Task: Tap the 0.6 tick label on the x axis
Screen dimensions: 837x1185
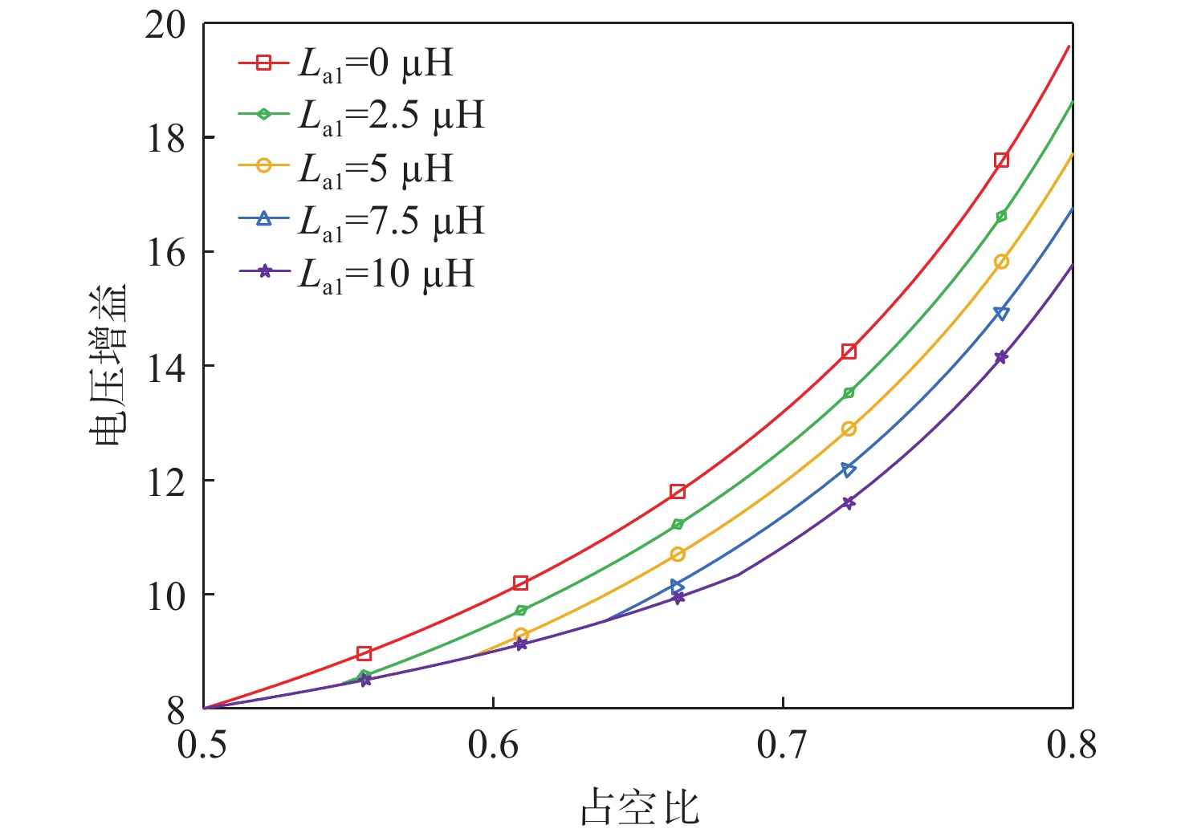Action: [x=493, y=746]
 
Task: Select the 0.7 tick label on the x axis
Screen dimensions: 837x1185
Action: [x=782, y=746]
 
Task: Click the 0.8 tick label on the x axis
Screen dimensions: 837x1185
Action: [x=1071, y=746]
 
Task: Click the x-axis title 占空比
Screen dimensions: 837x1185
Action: [x=640, y=807]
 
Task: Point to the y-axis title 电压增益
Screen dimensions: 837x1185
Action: [x=108, y=366]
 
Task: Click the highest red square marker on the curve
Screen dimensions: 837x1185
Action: [x=1001, y=160]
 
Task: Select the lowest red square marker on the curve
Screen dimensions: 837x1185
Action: [x=364, y=653]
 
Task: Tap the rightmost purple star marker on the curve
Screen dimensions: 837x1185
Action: [x=1001, y=357]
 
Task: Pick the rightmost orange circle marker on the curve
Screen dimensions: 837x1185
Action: [x=1001, y=262]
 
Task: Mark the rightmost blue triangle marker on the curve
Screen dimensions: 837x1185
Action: [x=1001, y=313]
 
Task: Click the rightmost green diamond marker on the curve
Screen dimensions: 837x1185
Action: [x=1001, y=216]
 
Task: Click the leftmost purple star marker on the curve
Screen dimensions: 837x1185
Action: [x=365, y=681]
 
